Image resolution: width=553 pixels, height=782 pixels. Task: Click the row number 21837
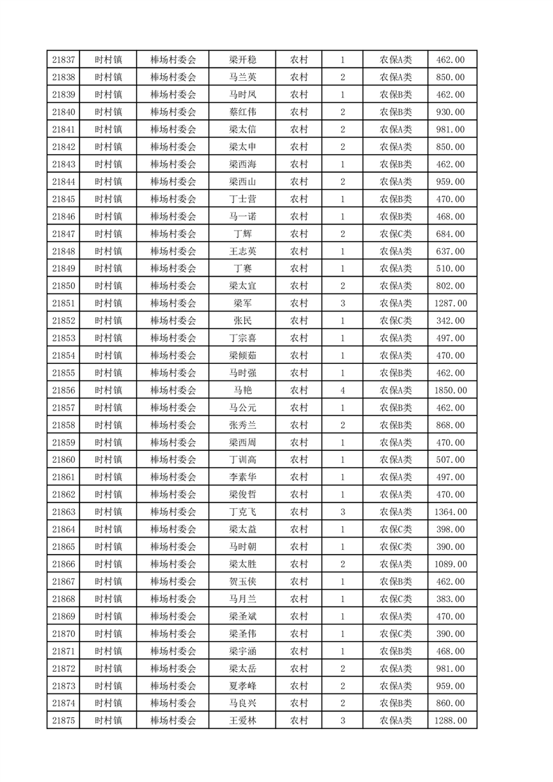63,60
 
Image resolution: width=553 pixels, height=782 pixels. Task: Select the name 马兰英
243,77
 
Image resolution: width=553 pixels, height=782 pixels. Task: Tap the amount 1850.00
450,390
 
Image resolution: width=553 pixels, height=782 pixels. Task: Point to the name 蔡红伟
243,112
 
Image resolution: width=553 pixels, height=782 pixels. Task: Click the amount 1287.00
450,303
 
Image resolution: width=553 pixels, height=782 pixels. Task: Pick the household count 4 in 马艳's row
342,390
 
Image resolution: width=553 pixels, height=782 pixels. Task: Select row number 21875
63,721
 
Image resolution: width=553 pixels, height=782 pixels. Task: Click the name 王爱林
243,721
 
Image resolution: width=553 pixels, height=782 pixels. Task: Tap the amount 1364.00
450,512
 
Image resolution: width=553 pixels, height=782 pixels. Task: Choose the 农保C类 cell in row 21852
395,321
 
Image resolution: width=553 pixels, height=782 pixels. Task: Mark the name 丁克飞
243,512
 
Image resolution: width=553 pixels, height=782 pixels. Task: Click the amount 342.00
450,321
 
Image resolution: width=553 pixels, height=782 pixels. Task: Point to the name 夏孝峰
243,686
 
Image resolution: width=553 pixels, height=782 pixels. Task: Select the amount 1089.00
450,564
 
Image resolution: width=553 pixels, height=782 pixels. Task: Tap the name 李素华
243,477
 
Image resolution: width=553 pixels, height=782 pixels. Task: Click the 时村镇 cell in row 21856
108,390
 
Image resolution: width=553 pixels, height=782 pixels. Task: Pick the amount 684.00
450,233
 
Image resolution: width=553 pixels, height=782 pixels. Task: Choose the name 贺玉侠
243,581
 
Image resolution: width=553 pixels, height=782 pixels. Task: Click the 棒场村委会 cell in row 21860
174,460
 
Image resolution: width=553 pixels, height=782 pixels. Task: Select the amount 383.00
450,599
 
